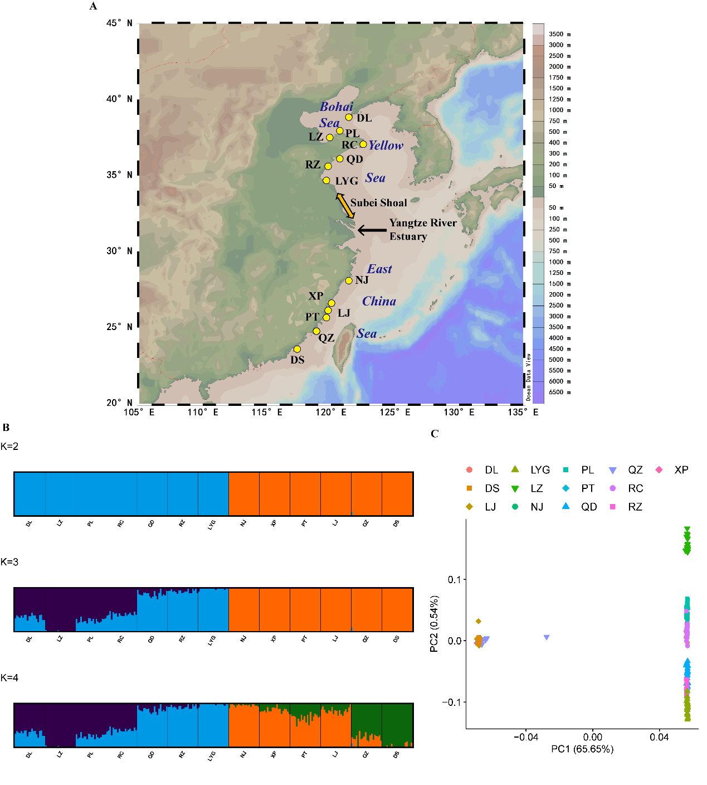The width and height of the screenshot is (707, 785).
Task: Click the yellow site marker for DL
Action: (349, 117)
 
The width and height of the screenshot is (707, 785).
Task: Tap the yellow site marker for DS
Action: (297, 349)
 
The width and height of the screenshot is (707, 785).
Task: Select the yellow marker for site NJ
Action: (349, 280)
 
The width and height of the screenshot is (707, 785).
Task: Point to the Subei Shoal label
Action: (378, 203)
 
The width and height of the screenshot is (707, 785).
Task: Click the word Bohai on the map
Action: (337, 107)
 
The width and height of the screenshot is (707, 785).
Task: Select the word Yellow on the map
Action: (386, 146)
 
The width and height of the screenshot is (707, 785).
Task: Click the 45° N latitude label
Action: (120, 23)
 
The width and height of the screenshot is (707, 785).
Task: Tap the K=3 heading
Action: (9, 562)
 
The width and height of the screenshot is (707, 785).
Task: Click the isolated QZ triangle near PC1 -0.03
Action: (547, 637)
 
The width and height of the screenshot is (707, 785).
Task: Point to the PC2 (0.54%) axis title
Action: (435, 624)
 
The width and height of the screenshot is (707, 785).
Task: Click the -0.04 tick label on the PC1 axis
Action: (525, 737)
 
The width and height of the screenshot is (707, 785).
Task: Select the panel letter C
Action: (435, 434)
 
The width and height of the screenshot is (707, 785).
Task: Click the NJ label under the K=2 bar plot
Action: (243, 524)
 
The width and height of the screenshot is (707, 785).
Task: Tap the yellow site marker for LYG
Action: (326, 180)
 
